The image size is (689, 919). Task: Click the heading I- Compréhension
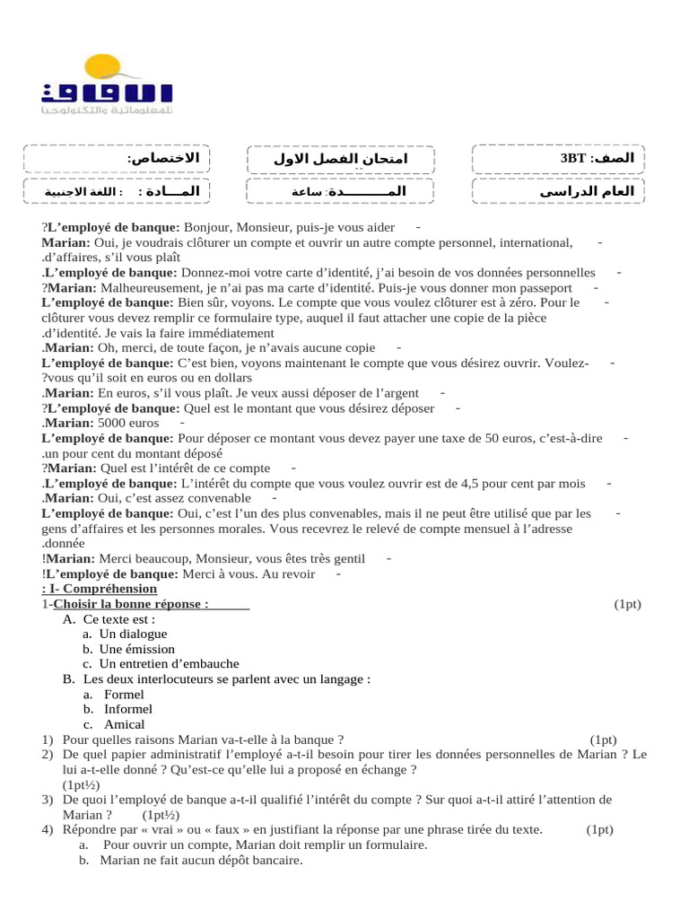(100, 589)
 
